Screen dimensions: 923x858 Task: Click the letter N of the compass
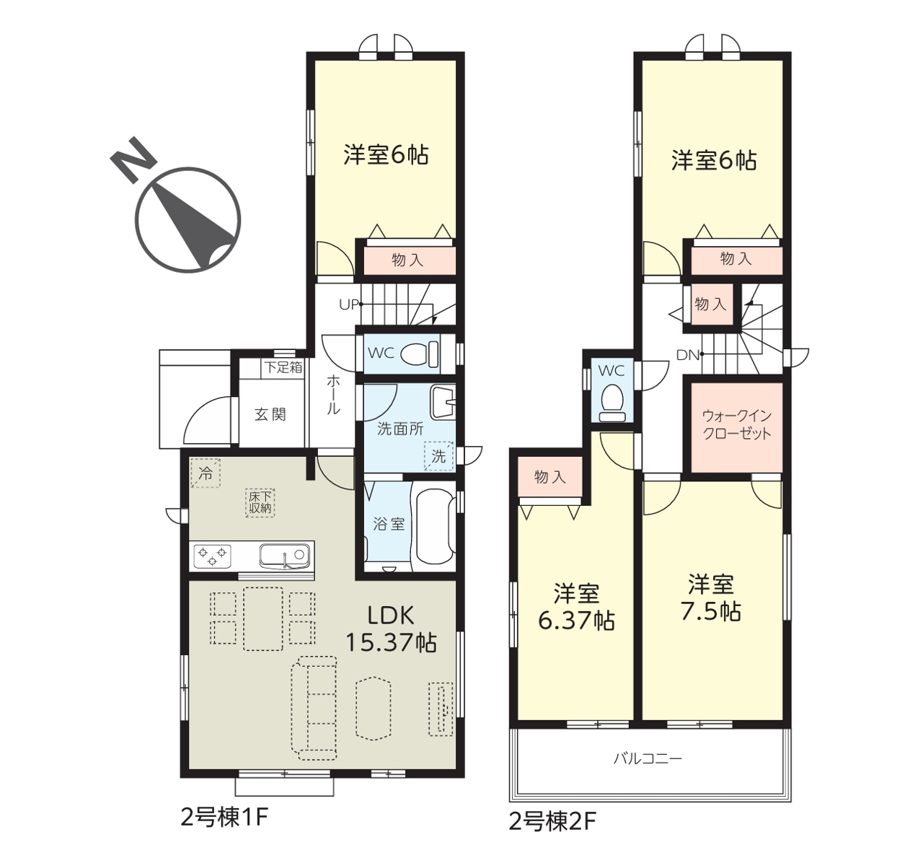[x=133, y=159]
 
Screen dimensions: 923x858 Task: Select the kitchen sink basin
[x=284, y=555]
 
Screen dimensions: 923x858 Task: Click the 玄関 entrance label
[x=270, y=414]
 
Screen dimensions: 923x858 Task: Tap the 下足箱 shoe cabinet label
[x=283, y=367]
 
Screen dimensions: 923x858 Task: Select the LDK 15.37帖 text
[x=391, y=629]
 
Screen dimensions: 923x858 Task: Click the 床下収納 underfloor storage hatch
[x=260, y=502]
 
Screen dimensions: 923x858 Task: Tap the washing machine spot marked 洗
[x=438, y=456]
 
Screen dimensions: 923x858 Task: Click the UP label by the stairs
[x=349, y=305]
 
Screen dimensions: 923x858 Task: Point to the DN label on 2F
[x=688, y=356]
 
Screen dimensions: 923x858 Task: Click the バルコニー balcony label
[x=648, y=772]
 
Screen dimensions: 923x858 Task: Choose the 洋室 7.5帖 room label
[x=711, y=598]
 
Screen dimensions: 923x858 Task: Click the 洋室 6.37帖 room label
[x=576, y=607]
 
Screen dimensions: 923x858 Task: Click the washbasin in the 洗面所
[x=443, y=401]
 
